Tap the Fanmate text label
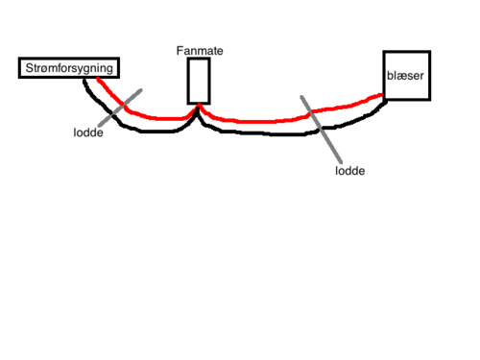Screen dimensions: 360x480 click(x=199, y=49)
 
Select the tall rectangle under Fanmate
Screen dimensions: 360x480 click(x=199, y=81)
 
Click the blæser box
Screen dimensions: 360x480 click(x=406, y=75)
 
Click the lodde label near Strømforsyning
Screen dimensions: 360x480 click(x=87, y=132)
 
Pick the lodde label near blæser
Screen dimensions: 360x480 click(x=349, y=170)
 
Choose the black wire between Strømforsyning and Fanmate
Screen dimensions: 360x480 click(x=144, y=132)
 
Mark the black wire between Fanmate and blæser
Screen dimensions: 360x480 click(x=278, y=133)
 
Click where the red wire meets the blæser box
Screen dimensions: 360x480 click(x=383, y=95)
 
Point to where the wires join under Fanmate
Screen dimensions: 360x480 click(x=200, y=108)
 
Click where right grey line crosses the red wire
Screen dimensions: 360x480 click(x=314, y=115)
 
